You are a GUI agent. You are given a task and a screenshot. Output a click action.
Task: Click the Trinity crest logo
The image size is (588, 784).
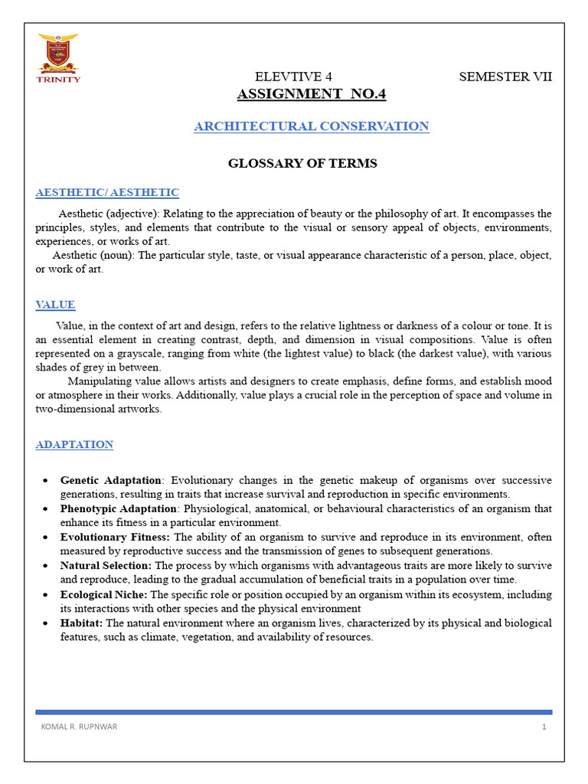click(x=58, y=51)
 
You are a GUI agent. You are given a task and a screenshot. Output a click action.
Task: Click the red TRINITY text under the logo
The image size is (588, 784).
click(x=58, y=79)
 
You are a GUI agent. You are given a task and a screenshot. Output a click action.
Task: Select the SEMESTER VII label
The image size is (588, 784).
click(x=505, y=77)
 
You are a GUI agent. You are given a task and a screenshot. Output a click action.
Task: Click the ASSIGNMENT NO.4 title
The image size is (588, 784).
click(x=311, y=94)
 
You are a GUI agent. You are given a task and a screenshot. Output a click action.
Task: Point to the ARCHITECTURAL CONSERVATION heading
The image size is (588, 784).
click(x=311, y=126)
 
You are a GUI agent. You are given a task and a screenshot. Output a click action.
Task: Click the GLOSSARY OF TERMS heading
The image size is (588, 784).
click(x=303, y=163)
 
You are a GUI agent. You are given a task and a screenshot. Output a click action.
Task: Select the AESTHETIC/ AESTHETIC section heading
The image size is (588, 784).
click(x=107, y=192)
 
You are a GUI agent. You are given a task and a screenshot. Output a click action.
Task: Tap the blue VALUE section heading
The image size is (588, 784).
click(x=56, y=305)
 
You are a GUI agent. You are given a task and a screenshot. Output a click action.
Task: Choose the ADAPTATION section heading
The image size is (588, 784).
click(x=74, y=444)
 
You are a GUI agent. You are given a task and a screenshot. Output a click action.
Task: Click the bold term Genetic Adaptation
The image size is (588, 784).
click(x=111, y=480)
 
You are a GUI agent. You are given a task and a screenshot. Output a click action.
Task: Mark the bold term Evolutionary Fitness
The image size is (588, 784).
click(x=116, y=537)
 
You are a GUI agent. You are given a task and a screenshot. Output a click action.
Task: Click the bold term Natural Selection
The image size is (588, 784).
click(x=106, y=566)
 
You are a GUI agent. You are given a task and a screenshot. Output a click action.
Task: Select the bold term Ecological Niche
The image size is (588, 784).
click(x=104, y=595)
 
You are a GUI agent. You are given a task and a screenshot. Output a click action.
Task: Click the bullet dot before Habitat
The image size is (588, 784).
click(x=45, y=624)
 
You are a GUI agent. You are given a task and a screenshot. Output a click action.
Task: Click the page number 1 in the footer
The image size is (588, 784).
click(x=544, y=727)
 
